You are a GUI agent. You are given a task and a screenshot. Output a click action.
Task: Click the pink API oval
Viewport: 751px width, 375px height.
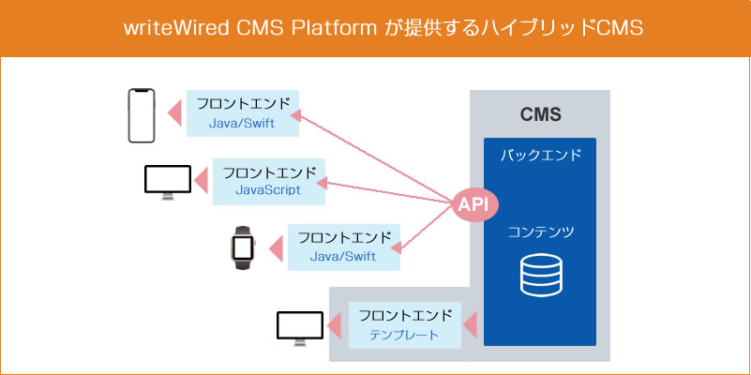coord(475,205)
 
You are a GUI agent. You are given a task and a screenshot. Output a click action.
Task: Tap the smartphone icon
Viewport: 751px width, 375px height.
coord(142,116)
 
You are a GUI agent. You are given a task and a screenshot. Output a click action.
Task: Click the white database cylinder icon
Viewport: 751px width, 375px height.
coord(541,276)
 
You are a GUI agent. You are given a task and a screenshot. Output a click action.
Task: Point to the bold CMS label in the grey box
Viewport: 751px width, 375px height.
coord(540,115)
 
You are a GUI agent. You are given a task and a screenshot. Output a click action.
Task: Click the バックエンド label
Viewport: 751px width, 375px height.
coord(541,156)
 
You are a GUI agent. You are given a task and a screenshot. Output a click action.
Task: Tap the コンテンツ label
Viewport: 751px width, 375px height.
coord(541,232)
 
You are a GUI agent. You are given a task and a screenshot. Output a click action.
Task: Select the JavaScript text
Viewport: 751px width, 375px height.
coord(268,189)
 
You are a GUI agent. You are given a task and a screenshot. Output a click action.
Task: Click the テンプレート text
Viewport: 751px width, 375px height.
coord(404,335)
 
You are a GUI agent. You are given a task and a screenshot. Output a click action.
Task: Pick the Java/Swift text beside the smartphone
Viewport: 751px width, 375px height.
coord(242,123)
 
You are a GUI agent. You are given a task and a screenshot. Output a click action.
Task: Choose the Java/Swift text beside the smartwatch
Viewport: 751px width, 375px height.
coord(343,256)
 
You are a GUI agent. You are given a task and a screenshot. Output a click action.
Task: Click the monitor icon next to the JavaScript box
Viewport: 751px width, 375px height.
coord(168,183)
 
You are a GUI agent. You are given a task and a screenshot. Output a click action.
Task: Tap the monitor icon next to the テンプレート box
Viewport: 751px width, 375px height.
coord(300,328)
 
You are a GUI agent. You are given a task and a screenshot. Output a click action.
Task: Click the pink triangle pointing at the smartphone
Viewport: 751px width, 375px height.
coord(175,113)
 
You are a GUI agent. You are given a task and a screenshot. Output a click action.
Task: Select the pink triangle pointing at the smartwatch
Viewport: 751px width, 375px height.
coord(277,249)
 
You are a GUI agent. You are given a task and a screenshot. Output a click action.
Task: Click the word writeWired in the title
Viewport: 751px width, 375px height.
coord(176,28)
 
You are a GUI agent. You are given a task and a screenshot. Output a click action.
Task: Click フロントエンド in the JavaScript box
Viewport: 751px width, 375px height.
coord(270,172)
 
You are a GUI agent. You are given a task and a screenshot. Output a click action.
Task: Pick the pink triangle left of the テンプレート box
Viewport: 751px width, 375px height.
coord(334,324)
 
